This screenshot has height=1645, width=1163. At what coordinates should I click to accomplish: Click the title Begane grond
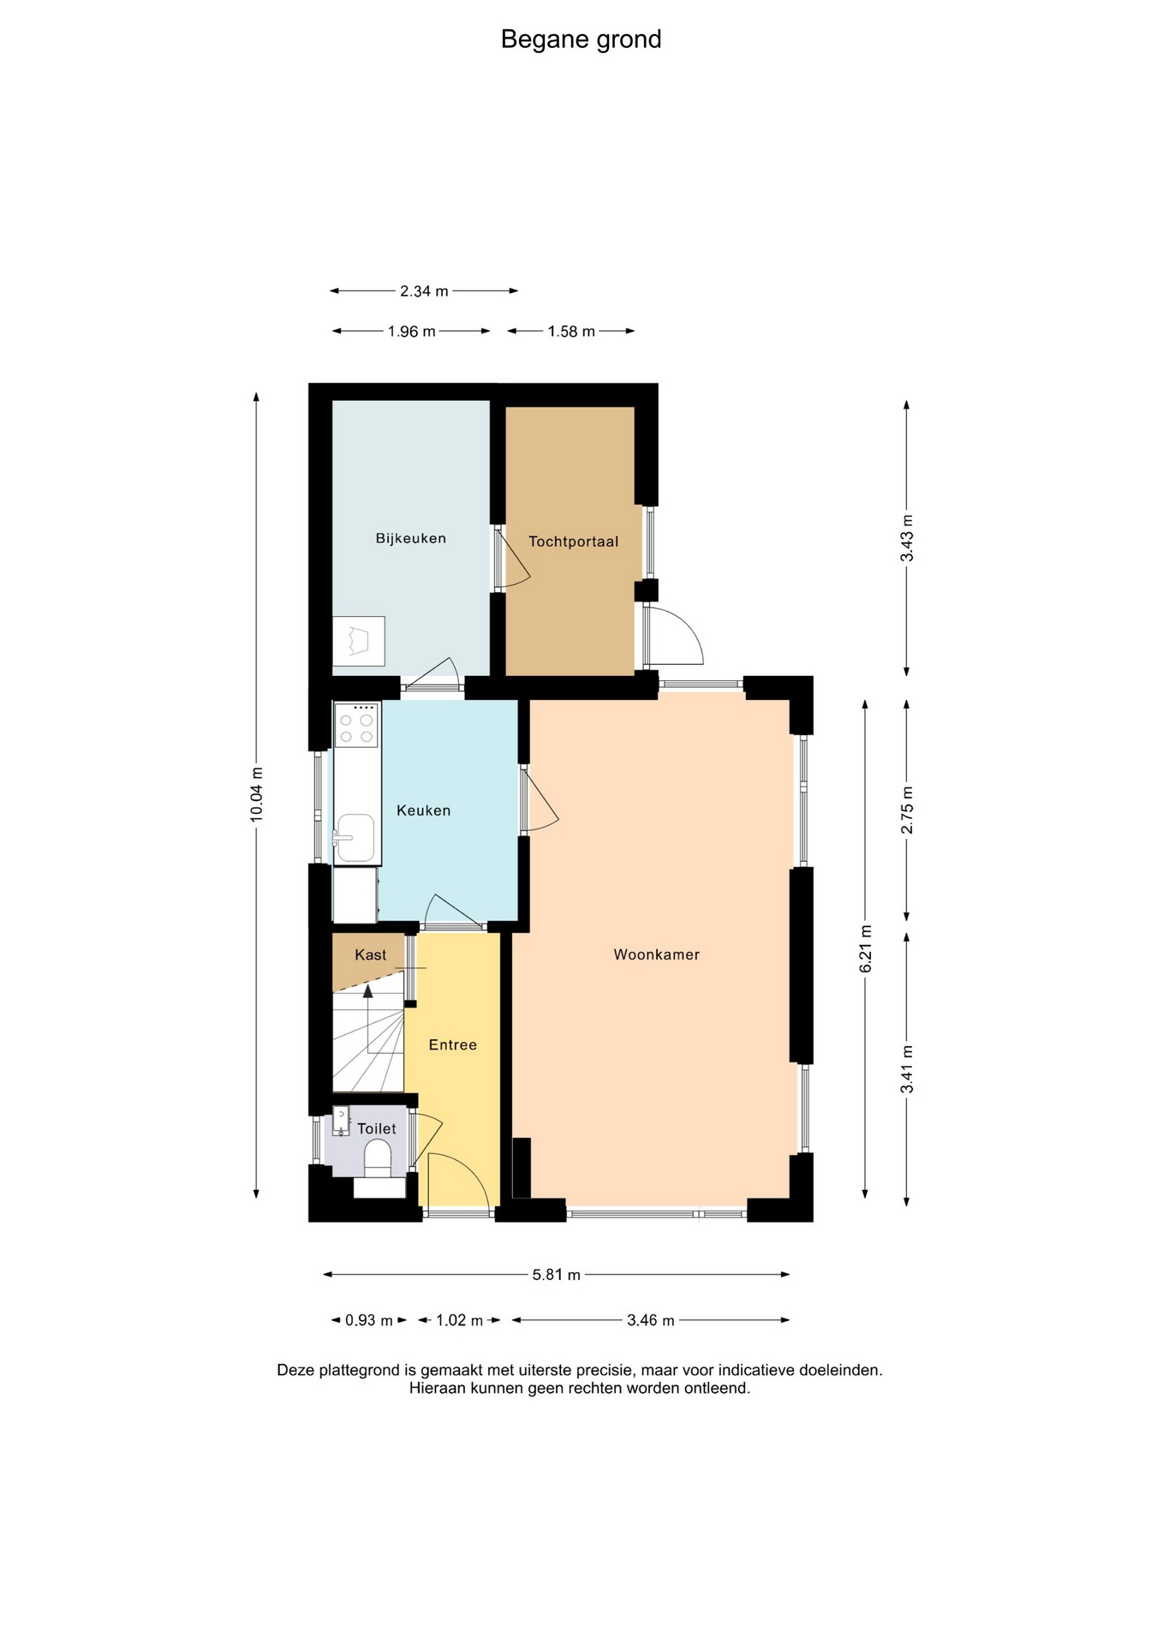(581, 40)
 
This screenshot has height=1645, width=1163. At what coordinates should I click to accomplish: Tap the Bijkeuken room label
(411, 538)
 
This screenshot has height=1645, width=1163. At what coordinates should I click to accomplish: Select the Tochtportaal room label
(573, 541)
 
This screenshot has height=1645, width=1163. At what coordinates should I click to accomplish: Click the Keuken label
(423, 811)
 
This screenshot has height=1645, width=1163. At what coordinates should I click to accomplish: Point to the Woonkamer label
(657, 954)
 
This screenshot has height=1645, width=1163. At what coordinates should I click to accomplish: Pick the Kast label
(371, 954)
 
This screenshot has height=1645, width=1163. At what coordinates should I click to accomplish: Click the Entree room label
(453, 1044)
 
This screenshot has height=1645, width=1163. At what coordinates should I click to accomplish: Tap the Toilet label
(377, 1128)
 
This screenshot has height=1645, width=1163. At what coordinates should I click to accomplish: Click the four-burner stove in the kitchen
(357, 724)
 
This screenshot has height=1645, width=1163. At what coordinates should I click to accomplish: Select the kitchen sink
(355, 837)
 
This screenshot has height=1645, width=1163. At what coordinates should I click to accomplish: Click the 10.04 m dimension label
(256, 795)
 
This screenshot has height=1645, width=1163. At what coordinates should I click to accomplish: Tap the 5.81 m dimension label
(557, 1275)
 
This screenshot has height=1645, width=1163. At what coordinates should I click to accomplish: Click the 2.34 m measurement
(424, 291)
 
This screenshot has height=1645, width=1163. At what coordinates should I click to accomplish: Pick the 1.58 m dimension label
(571, 332)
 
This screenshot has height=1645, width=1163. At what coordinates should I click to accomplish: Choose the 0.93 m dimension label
(369, 1320)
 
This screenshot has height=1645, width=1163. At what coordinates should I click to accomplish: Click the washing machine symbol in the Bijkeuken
(359, 642)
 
